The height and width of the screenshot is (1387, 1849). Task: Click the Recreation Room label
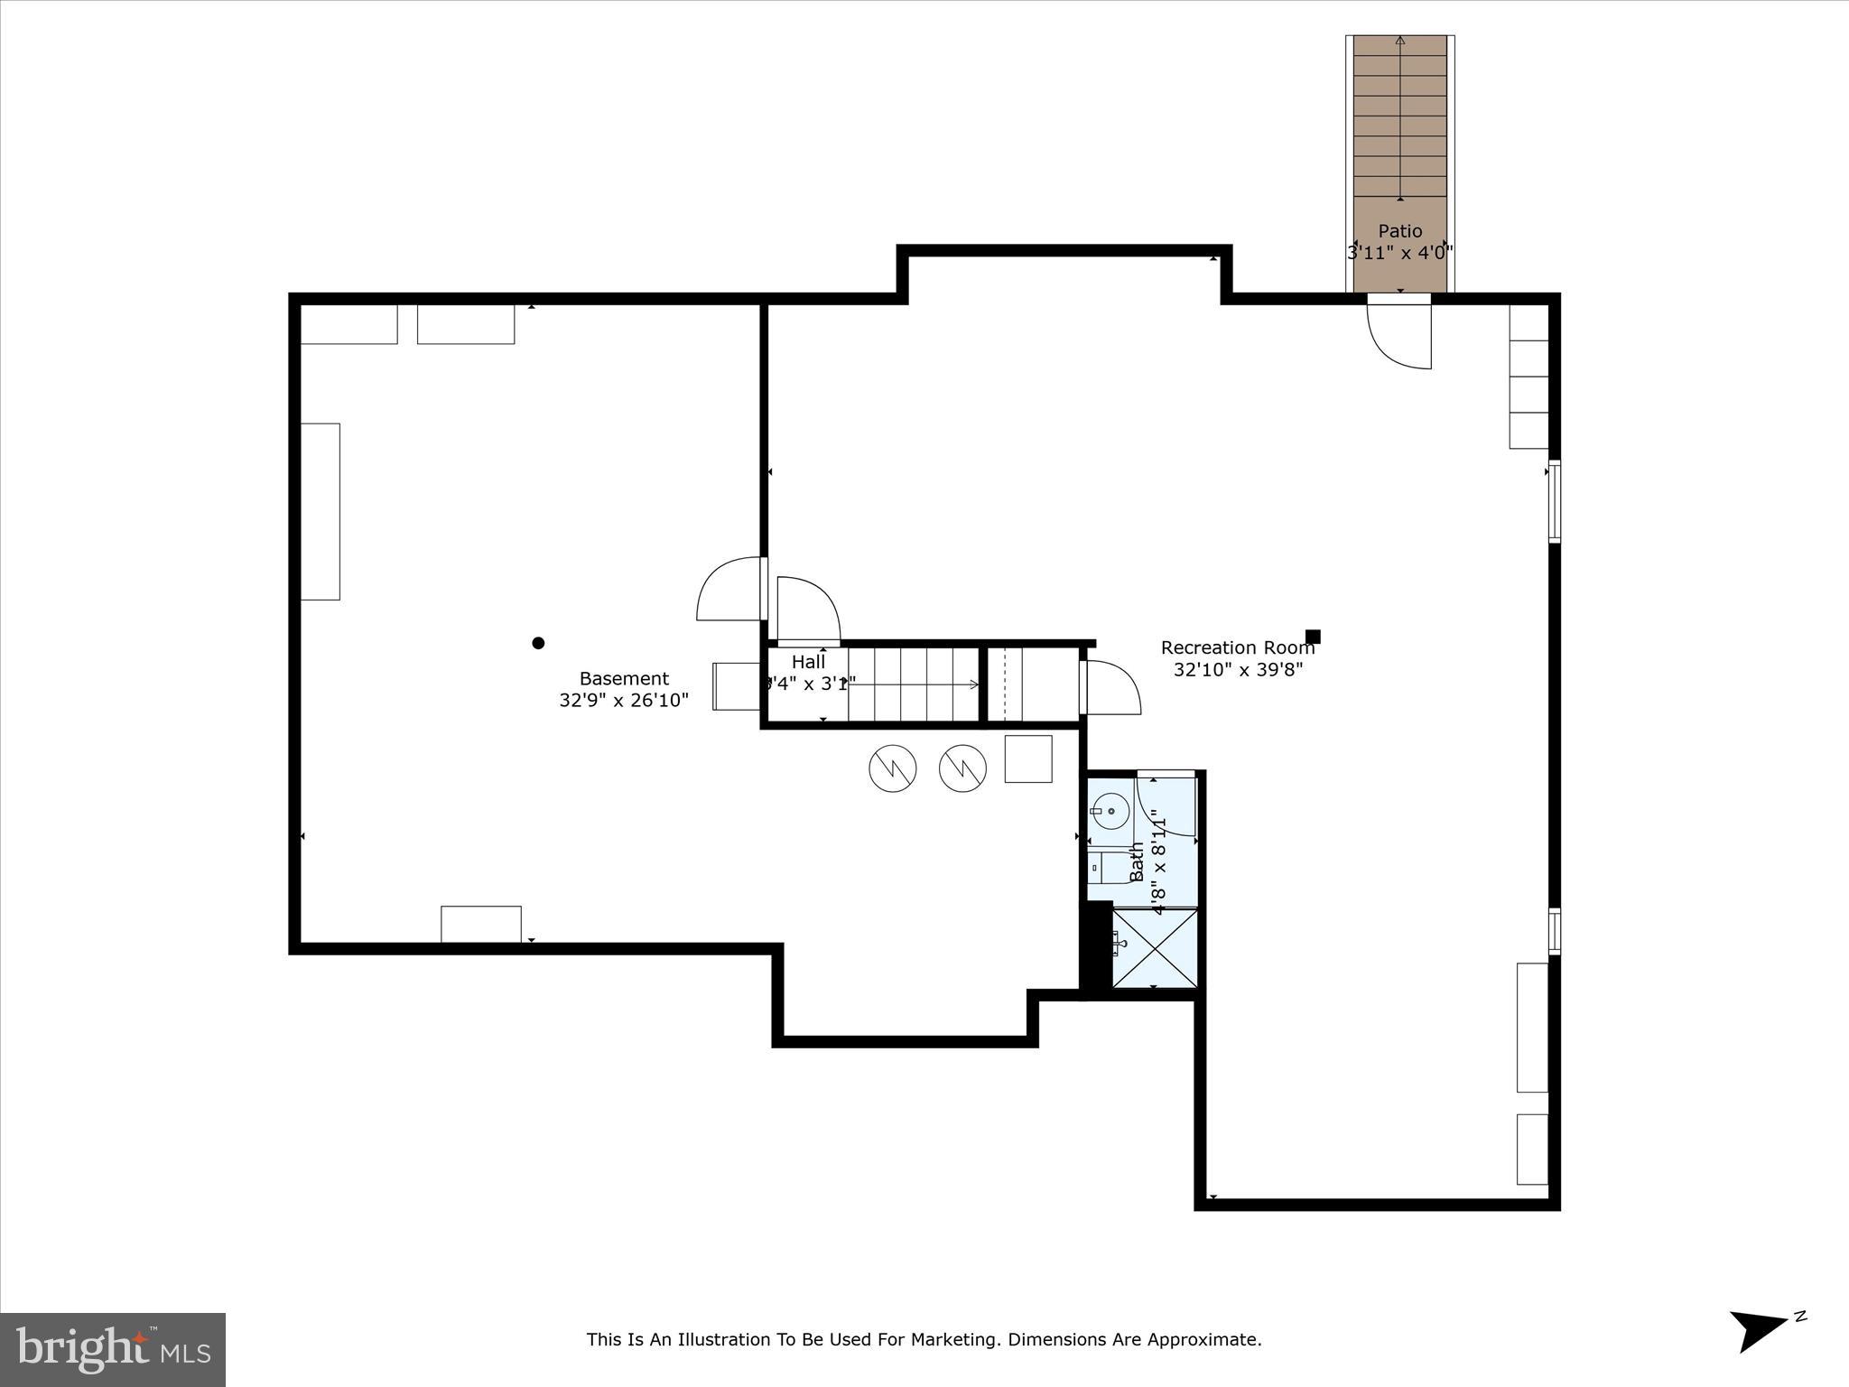[x=1237, y=647]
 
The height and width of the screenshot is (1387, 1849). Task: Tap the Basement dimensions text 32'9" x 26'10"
[x=624, y=700]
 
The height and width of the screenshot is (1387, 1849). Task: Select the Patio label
[x=1399, y=231]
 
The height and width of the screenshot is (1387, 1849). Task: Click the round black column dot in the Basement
[x=538, y=643]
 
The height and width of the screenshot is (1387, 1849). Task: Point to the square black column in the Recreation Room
[x=1313, y=637]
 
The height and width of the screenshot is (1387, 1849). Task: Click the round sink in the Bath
[x=1110, y=811]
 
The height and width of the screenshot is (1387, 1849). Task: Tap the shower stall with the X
[x=1155, y=949]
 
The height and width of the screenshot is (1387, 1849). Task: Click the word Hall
[x=808, y=662]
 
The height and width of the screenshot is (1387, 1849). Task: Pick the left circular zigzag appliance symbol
[x=892, y=769]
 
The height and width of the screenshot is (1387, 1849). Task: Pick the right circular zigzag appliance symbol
[x=962, y=769]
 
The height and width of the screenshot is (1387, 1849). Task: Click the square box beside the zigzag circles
[x=1028, y=759]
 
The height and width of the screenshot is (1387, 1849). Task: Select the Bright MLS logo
[x=113, y=1350]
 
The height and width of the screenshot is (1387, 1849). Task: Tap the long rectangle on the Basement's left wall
[x=320, y=511]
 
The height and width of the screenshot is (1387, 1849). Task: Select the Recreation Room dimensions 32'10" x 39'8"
[x=1238, y=669]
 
